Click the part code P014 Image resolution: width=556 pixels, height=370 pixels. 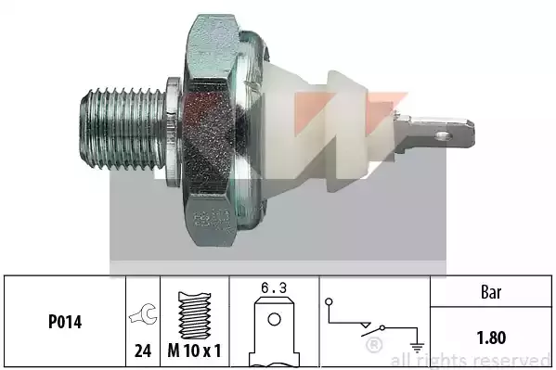pos(65,322)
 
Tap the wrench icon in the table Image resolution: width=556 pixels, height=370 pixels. pos(144,313)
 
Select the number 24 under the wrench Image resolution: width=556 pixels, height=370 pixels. pos(143,351)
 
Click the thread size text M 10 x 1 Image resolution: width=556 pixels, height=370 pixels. pos(194,351)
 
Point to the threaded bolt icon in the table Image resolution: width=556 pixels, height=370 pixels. pos(194,315)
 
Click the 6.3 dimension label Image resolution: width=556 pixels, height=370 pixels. pos(274,288)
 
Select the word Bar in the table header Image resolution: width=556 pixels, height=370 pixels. pos(491,292)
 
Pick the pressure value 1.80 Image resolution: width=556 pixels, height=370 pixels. pos(491,338)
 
